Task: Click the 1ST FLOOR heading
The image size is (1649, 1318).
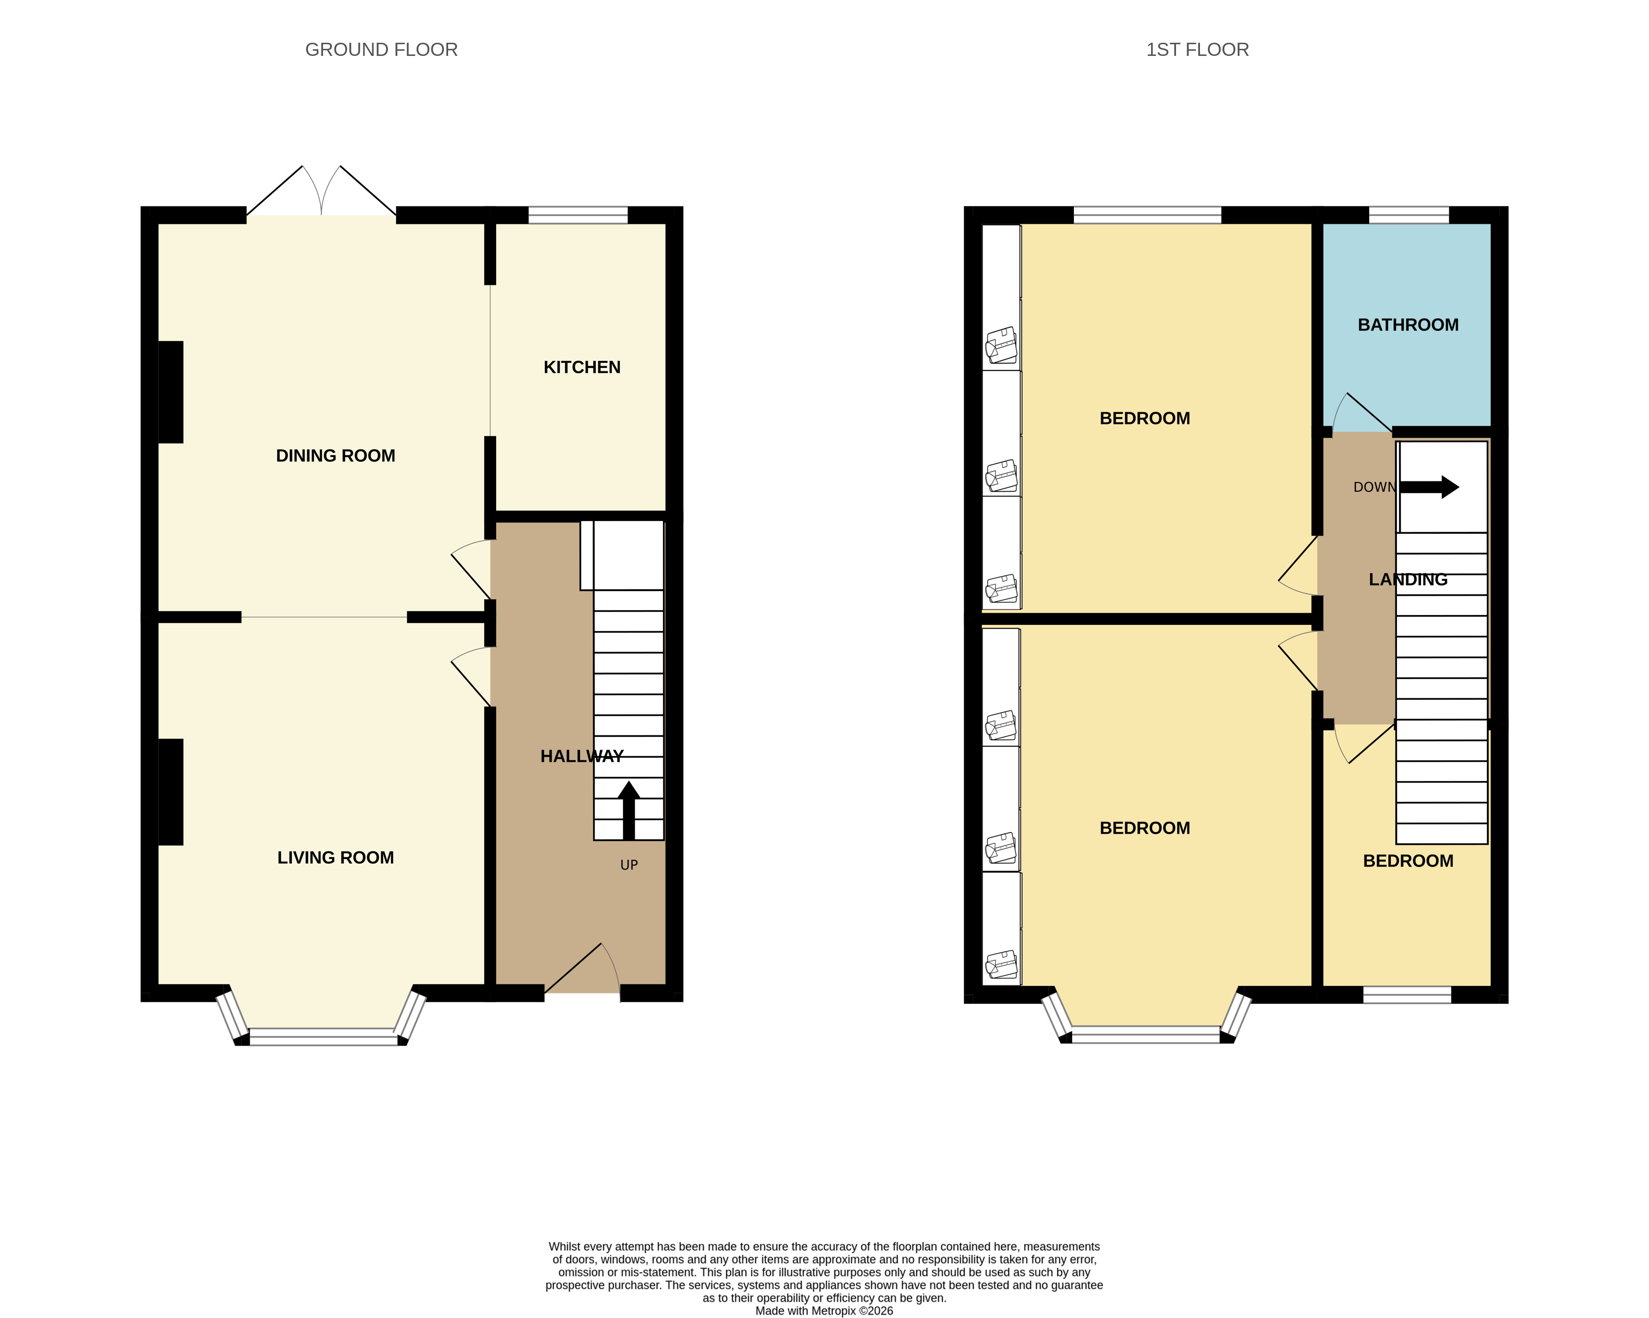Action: tap(1197, 50)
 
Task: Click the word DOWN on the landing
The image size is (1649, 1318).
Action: tap(1373, 487)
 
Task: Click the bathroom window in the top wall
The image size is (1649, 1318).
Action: tap(1408, 215)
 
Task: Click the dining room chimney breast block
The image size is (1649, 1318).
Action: tap(171, 392)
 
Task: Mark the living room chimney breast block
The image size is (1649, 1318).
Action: tap(171, 792)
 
